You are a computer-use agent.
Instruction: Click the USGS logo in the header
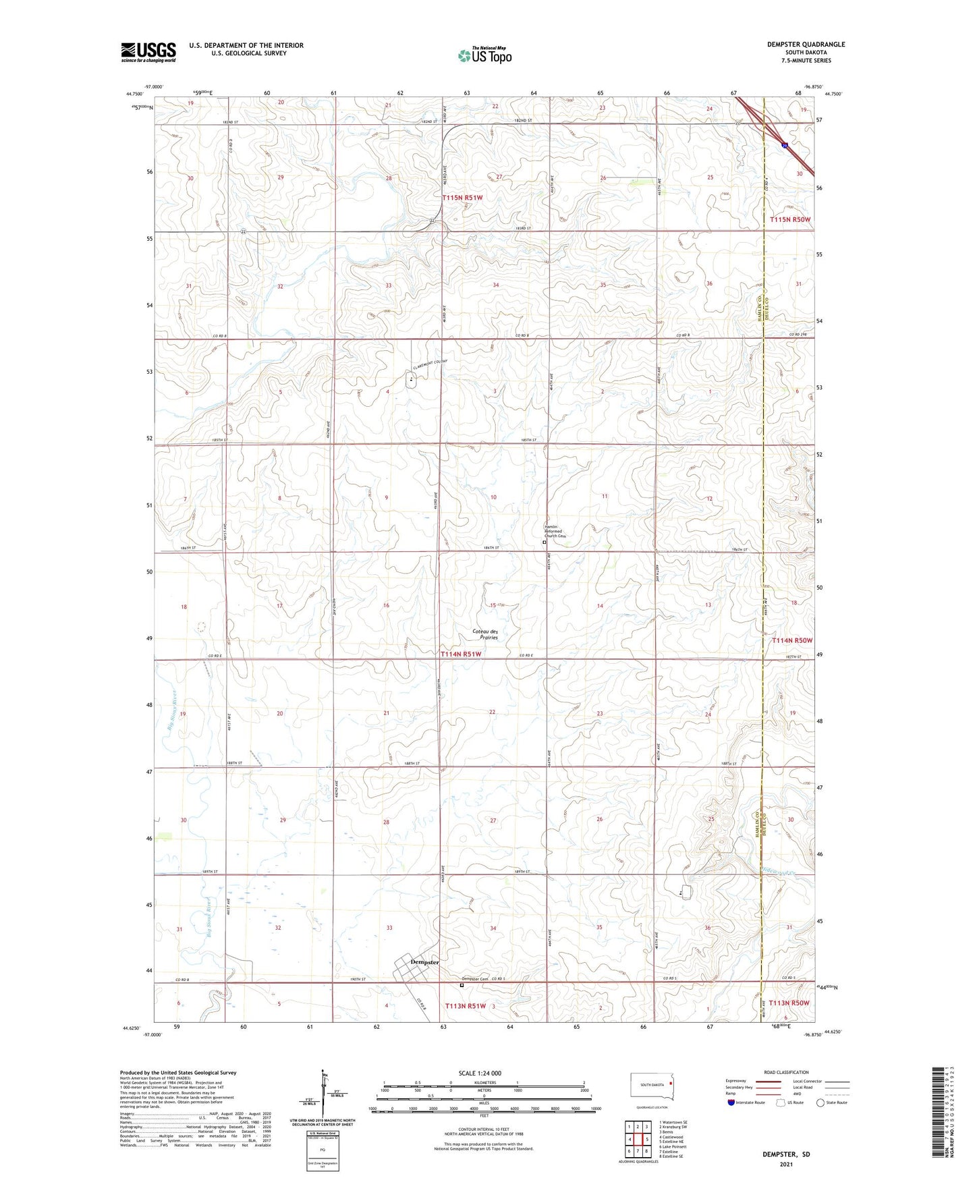(148, 52)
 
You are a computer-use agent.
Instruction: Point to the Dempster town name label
(425, 962)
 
